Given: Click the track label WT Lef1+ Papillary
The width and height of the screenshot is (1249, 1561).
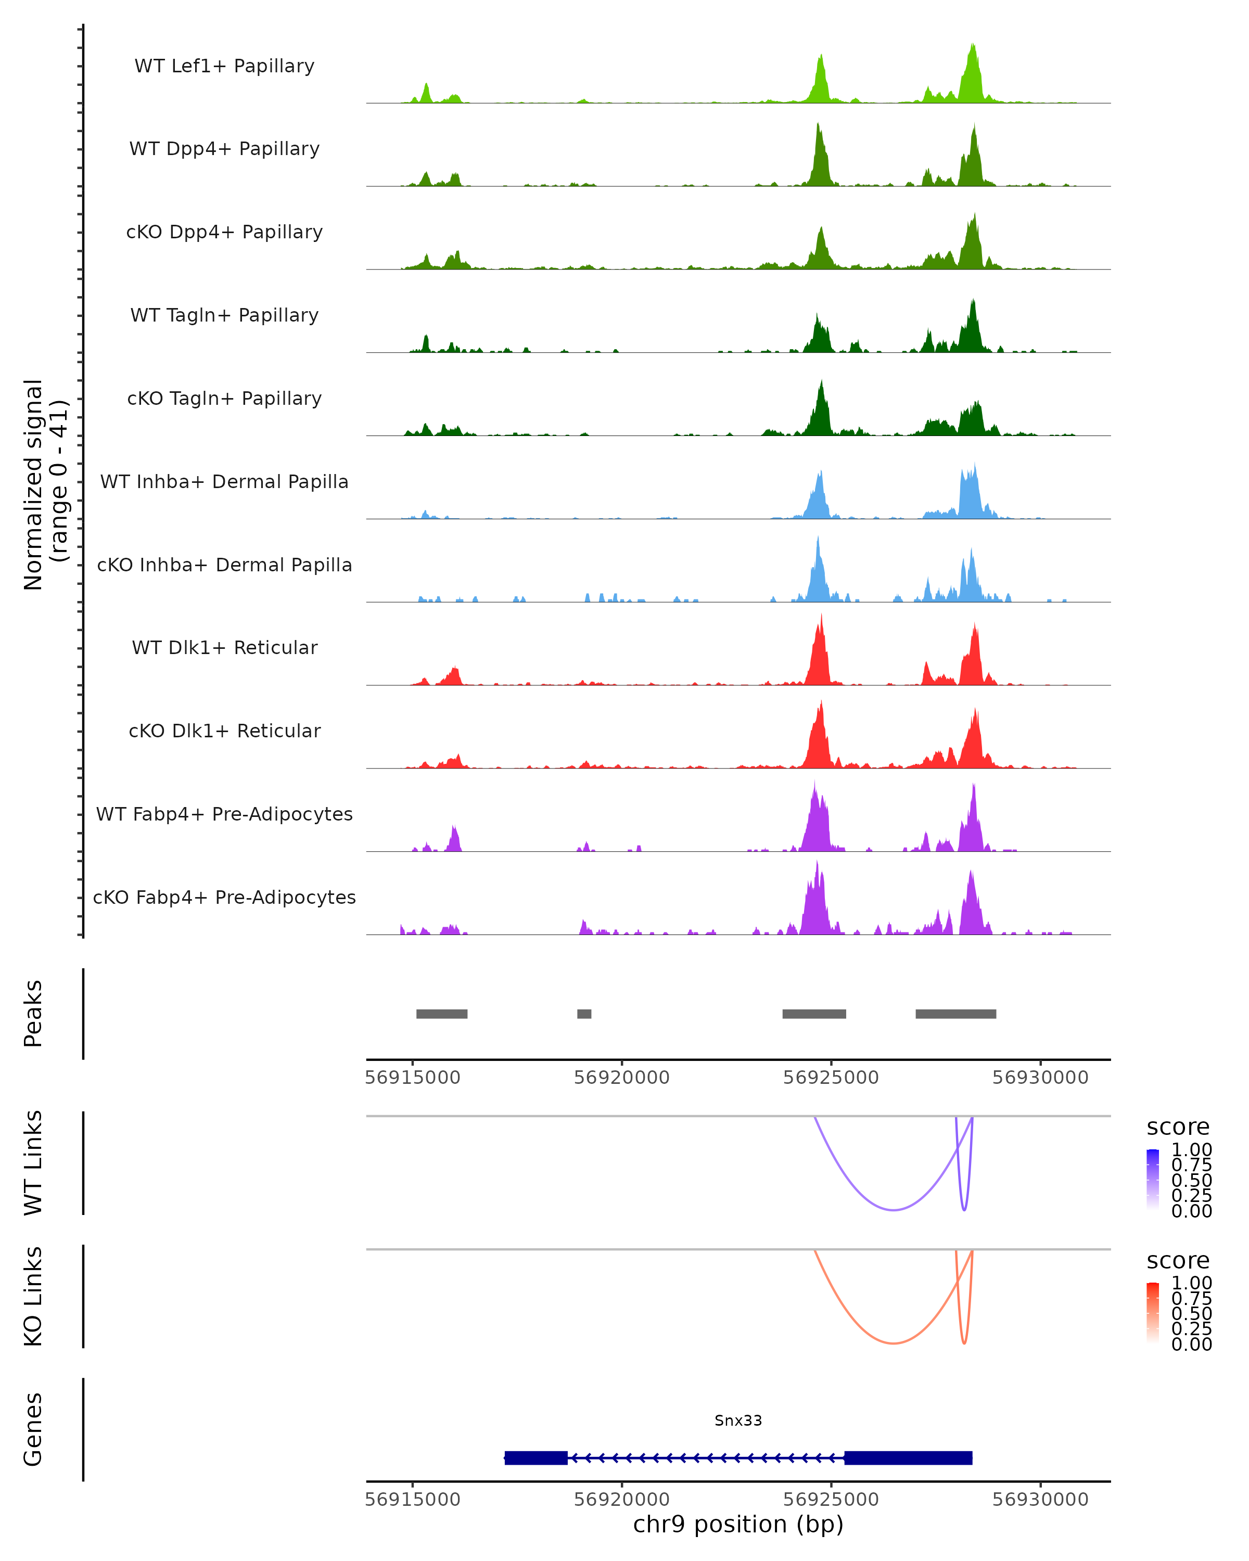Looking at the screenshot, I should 224,66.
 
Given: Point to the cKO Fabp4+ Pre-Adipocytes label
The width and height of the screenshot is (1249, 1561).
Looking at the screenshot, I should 224,897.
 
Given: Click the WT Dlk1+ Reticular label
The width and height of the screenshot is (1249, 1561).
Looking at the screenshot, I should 224,647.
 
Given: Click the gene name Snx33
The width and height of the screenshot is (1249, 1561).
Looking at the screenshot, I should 738,1421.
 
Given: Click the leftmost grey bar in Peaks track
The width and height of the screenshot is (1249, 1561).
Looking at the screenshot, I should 442,1014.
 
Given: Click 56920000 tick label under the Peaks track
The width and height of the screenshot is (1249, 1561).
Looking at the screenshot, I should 621,1078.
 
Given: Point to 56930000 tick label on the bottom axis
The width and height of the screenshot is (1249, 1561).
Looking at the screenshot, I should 1040,1500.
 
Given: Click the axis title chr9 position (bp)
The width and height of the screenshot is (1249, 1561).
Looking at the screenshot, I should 738,1525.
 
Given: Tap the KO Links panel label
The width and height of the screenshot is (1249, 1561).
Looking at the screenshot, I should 33,1296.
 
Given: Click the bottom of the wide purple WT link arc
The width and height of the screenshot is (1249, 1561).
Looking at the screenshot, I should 894,1210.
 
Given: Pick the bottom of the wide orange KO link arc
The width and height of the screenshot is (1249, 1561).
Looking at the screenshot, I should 894,1343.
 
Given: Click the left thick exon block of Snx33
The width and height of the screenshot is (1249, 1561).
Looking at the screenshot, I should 536,1457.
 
